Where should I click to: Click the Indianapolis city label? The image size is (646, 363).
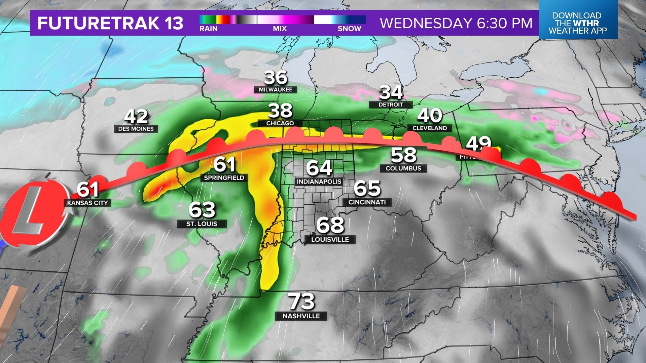pyautogui.click(x=319, y=182)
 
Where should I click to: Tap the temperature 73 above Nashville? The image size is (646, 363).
pyautogui.click(x=302, y=302)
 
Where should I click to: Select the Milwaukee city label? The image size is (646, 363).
pyautogui.click(x=276, y=90)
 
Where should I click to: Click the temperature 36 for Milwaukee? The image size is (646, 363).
pyautogui.click(x=276, y=77)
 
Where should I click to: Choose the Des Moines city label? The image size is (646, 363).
pyautogui.click(x=136, y=129)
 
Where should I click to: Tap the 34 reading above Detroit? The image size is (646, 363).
pyautogui.click(x=391, y=92)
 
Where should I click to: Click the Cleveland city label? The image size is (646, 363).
pyautogui.click(x=430, y=128)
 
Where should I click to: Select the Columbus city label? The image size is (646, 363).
pyautogui.click(x=403, y=168)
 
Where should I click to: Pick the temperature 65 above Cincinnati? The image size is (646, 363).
pyautogui.click(x=367, y=188)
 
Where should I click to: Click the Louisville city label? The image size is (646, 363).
pyautogui.click(x=330, y=240)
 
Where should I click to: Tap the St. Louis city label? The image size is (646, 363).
pyautogui.click(x=202, y=224)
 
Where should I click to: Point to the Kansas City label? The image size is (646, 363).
pyautogui.click(x=87, y=203)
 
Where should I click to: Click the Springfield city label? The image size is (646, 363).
pyautogui.click(x=224, y=177)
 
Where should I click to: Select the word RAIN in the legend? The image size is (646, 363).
pyautogui.click(x=209, y=29)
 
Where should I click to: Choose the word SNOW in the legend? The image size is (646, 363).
pyautogui.click(x=349, y=29)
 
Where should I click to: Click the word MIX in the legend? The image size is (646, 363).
pyautogui.click(x=280, y=29)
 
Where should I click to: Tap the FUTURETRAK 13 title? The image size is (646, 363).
pyautogui.click(x=110, y=23)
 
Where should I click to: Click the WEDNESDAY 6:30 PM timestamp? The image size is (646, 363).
pyautogui.click(x=456, y=23)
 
